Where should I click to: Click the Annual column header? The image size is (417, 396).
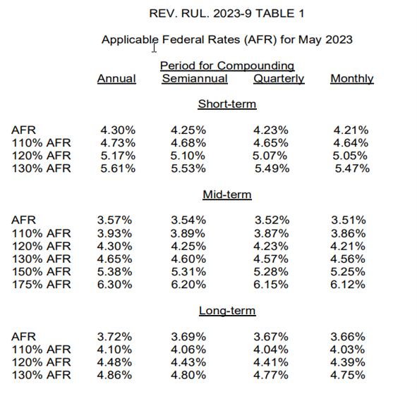tap(116, 78)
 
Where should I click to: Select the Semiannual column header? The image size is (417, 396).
tap(195, 78)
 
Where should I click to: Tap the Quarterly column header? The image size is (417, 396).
tap(279, 78)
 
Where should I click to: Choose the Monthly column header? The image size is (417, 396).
tap(352, 78)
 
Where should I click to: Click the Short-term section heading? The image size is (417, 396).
tap(226, 104)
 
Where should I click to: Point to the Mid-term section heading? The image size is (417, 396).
tap(226, 194)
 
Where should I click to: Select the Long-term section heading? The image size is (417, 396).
tap(226, 311)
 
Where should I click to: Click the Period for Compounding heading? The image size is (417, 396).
tap(226, 66)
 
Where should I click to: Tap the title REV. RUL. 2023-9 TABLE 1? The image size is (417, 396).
tap(226, 13)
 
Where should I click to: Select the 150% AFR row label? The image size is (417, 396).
tap(41, 271)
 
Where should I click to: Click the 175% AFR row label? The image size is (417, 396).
tap(41, 285)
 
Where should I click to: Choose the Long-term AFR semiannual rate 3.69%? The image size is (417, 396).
tap(188, 337)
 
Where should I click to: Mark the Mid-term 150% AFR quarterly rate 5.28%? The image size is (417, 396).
tap(271, 271)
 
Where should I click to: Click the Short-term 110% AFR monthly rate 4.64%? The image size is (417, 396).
tap(351, 142)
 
